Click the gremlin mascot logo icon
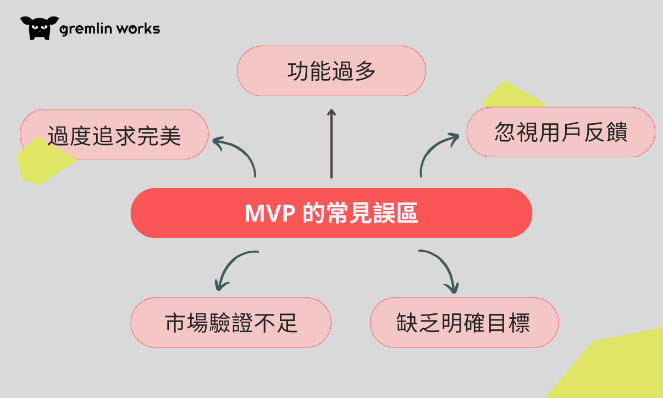[40, 28]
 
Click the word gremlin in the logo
[86, 29]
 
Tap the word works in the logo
[138, 29]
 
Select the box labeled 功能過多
[331, 71]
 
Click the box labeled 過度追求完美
[114, 134]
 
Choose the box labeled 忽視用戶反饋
[561, 132]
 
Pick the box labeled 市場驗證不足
[231, 323]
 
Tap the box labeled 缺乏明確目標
[465, 323]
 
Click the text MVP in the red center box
[269, 213]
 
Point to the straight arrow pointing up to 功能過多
[331, 143]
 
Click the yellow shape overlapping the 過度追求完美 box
[45, 161]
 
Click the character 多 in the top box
[365, 71]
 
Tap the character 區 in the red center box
[407, 213]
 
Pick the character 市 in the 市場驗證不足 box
[175, 323]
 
